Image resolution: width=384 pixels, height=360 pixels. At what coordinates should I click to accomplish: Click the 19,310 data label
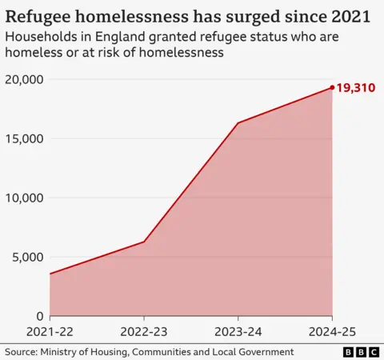coord(356,88)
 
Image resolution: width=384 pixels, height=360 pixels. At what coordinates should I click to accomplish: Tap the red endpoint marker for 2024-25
coord(332,88)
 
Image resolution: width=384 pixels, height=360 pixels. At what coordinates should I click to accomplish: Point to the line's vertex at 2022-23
coord(144,242)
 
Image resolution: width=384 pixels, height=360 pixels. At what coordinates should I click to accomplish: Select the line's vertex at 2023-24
coord(238,123)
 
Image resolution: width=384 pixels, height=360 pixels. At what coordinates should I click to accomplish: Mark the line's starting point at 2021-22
coord(50,274)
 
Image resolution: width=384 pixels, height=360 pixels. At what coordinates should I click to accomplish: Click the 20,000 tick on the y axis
coord(23,80)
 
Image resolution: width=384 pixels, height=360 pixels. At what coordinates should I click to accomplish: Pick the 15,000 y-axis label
coord(23,139)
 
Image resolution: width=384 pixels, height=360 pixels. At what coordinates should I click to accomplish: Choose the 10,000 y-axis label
coord(23,198)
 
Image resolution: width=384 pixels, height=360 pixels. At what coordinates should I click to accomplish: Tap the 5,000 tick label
coord(26,258)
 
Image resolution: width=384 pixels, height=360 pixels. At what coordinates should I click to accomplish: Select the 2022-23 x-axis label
coord(144,332)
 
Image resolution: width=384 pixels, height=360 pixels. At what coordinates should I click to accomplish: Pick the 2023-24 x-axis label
coord(238,332)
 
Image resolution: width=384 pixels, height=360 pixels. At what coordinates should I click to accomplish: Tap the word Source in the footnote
coord(23,352)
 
